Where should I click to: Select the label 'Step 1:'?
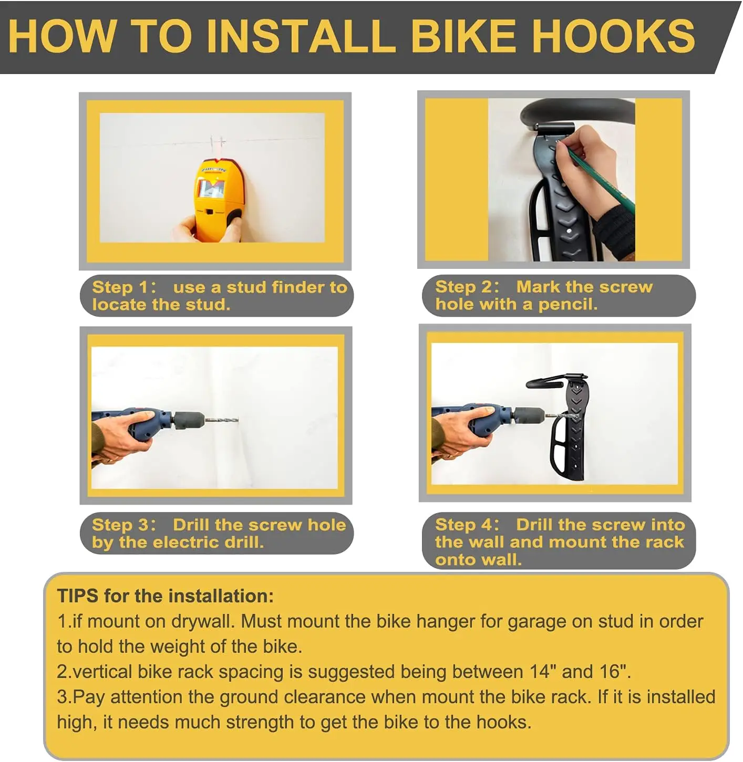point(124,287)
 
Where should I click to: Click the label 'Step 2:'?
point(467,287)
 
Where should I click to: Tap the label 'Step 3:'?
point(124,525)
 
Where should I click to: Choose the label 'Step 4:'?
point(467,525)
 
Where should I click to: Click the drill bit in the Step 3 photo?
point(222,420)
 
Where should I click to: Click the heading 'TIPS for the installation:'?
point(166,596)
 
